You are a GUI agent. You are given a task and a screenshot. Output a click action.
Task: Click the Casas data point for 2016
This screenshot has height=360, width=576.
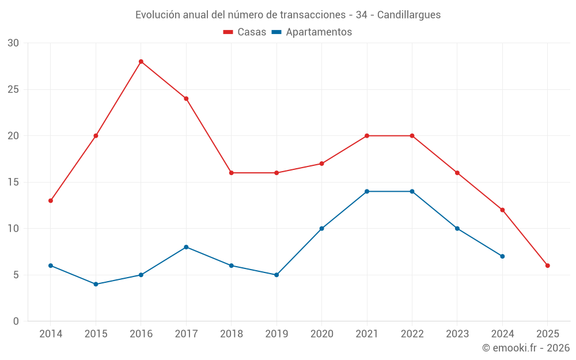[141, 62]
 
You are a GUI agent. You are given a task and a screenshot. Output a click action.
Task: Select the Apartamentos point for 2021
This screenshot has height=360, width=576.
[367, 191]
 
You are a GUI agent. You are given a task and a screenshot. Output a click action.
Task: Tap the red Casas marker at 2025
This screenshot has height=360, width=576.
[548, 266]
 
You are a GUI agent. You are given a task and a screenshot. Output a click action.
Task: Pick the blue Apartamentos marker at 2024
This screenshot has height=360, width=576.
[502, 256]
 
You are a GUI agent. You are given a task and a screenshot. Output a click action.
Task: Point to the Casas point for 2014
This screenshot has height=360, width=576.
[51, 200]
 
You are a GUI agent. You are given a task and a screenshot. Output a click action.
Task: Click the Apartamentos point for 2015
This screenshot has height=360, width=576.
[96, 284]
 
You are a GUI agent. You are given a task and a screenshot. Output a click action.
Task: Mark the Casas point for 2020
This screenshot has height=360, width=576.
[321, 164]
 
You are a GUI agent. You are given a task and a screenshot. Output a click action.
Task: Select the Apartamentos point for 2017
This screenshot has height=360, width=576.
[186, 247]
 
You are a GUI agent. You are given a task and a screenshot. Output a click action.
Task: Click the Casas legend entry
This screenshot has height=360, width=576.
[245, 32]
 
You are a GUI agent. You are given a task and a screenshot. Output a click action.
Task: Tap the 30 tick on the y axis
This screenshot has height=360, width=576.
[13, 43]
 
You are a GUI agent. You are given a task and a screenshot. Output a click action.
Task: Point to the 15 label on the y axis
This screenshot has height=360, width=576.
[13, 182]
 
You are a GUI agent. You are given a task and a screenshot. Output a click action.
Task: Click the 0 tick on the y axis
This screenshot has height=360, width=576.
[16, 321]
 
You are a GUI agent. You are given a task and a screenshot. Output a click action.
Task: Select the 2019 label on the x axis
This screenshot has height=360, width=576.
[276, 334]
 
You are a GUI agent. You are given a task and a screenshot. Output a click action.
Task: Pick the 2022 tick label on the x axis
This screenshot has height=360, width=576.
[412, 334]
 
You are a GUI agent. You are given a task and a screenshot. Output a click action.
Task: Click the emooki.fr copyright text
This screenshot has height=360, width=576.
[526, 348]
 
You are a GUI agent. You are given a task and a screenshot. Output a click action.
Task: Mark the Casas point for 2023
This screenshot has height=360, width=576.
[457, 173]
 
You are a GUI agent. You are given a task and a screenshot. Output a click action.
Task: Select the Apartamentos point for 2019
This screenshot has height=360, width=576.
[276, 275]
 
